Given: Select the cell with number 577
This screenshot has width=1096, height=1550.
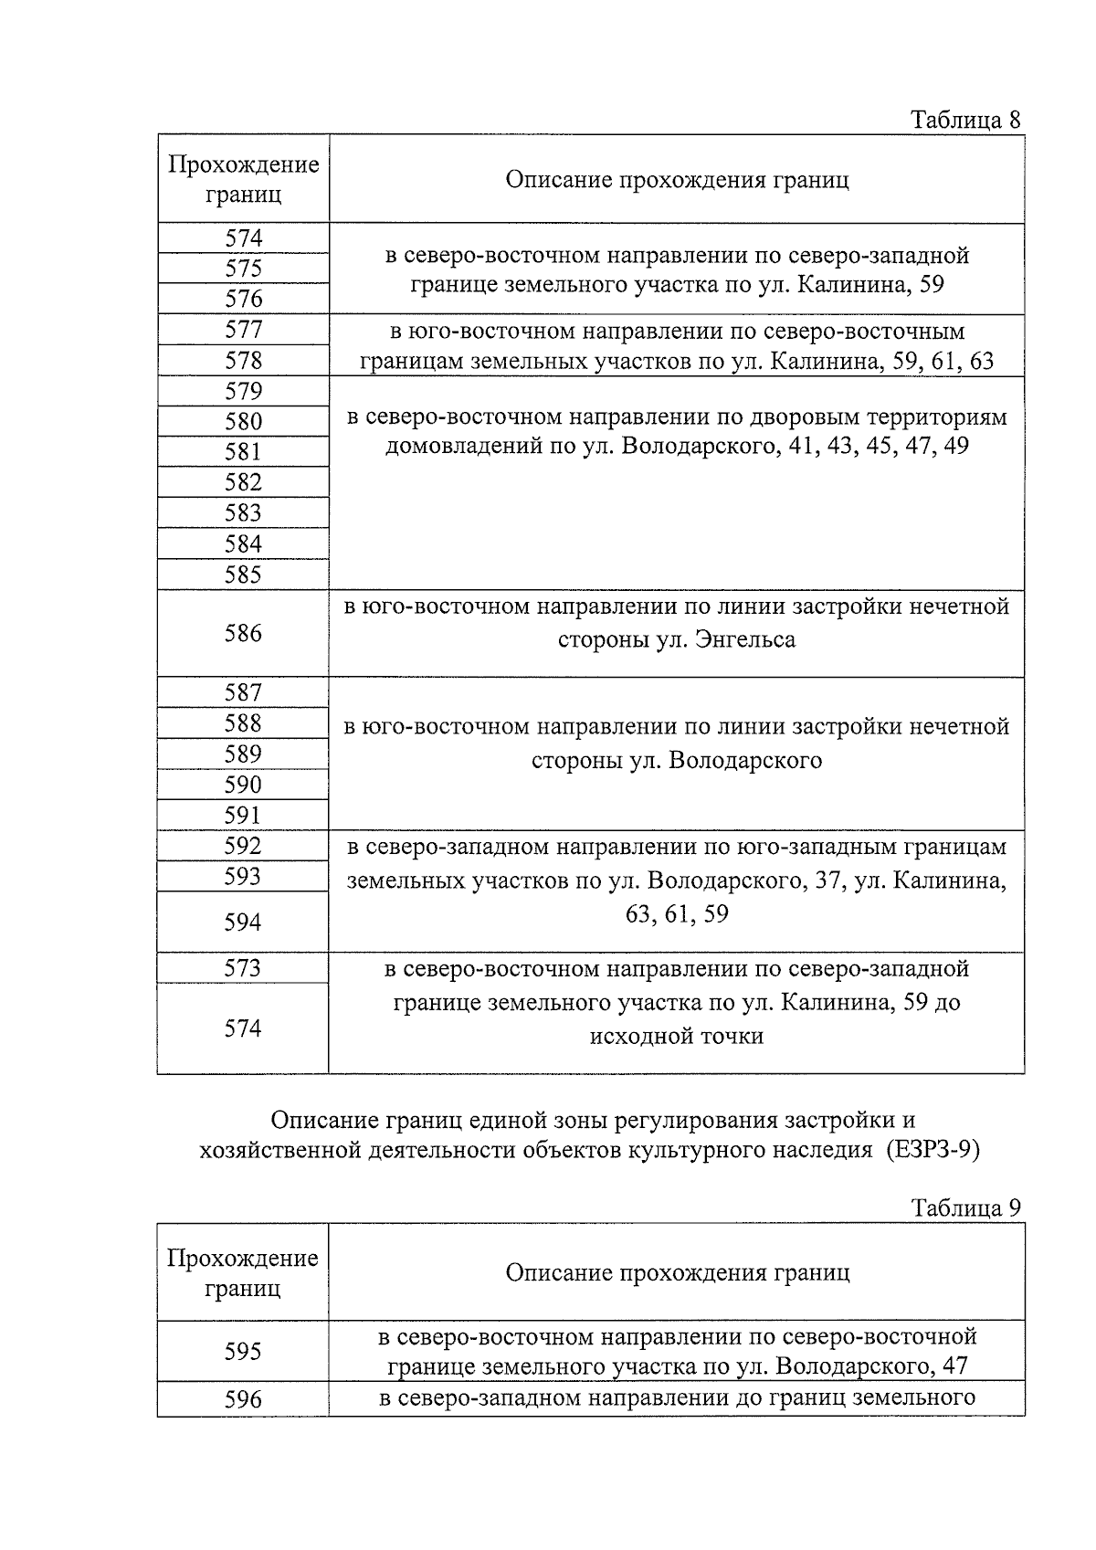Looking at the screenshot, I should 243,330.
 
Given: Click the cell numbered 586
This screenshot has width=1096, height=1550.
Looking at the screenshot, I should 243,633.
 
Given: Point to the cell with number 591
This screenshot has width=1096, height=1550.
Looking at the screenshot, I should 243,815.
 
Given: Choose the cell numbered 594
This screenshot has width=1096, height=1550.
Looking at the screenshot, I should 243,922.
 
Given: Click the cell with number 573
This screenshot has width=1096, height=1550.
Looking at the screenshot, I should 243,967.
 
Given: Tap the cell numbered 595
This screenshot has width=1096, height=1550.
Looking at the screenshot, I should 243,1350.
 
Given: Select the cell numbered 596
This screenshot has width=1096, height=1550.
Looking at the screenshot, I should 243,1398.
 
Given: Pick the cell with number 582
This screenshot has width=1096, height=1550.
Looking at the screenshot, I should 243,482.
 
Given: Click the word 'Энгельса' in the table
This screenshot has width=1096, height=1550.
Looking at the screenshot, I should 744,639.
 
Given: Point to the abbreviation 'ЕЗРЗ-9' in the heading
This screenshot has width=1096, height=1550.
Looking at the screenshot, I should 932,1150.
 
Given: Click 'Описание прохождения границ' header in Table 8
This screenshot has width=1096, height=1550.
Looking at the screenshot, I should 677,179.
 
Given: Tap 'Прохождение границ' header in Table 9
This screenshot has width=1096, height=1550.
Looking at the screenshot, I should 243,1272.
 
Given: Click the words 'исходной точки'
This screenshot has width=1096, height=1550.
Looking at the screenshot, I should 677,1036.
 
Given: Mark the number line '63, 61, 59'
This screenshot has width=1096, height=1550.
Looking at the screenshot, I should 677,914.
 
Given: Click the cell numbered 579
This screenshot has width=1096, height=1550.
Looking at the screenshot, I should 243,391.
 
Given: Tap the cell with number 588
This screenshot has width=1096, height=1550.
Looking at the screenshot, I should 243,723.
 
